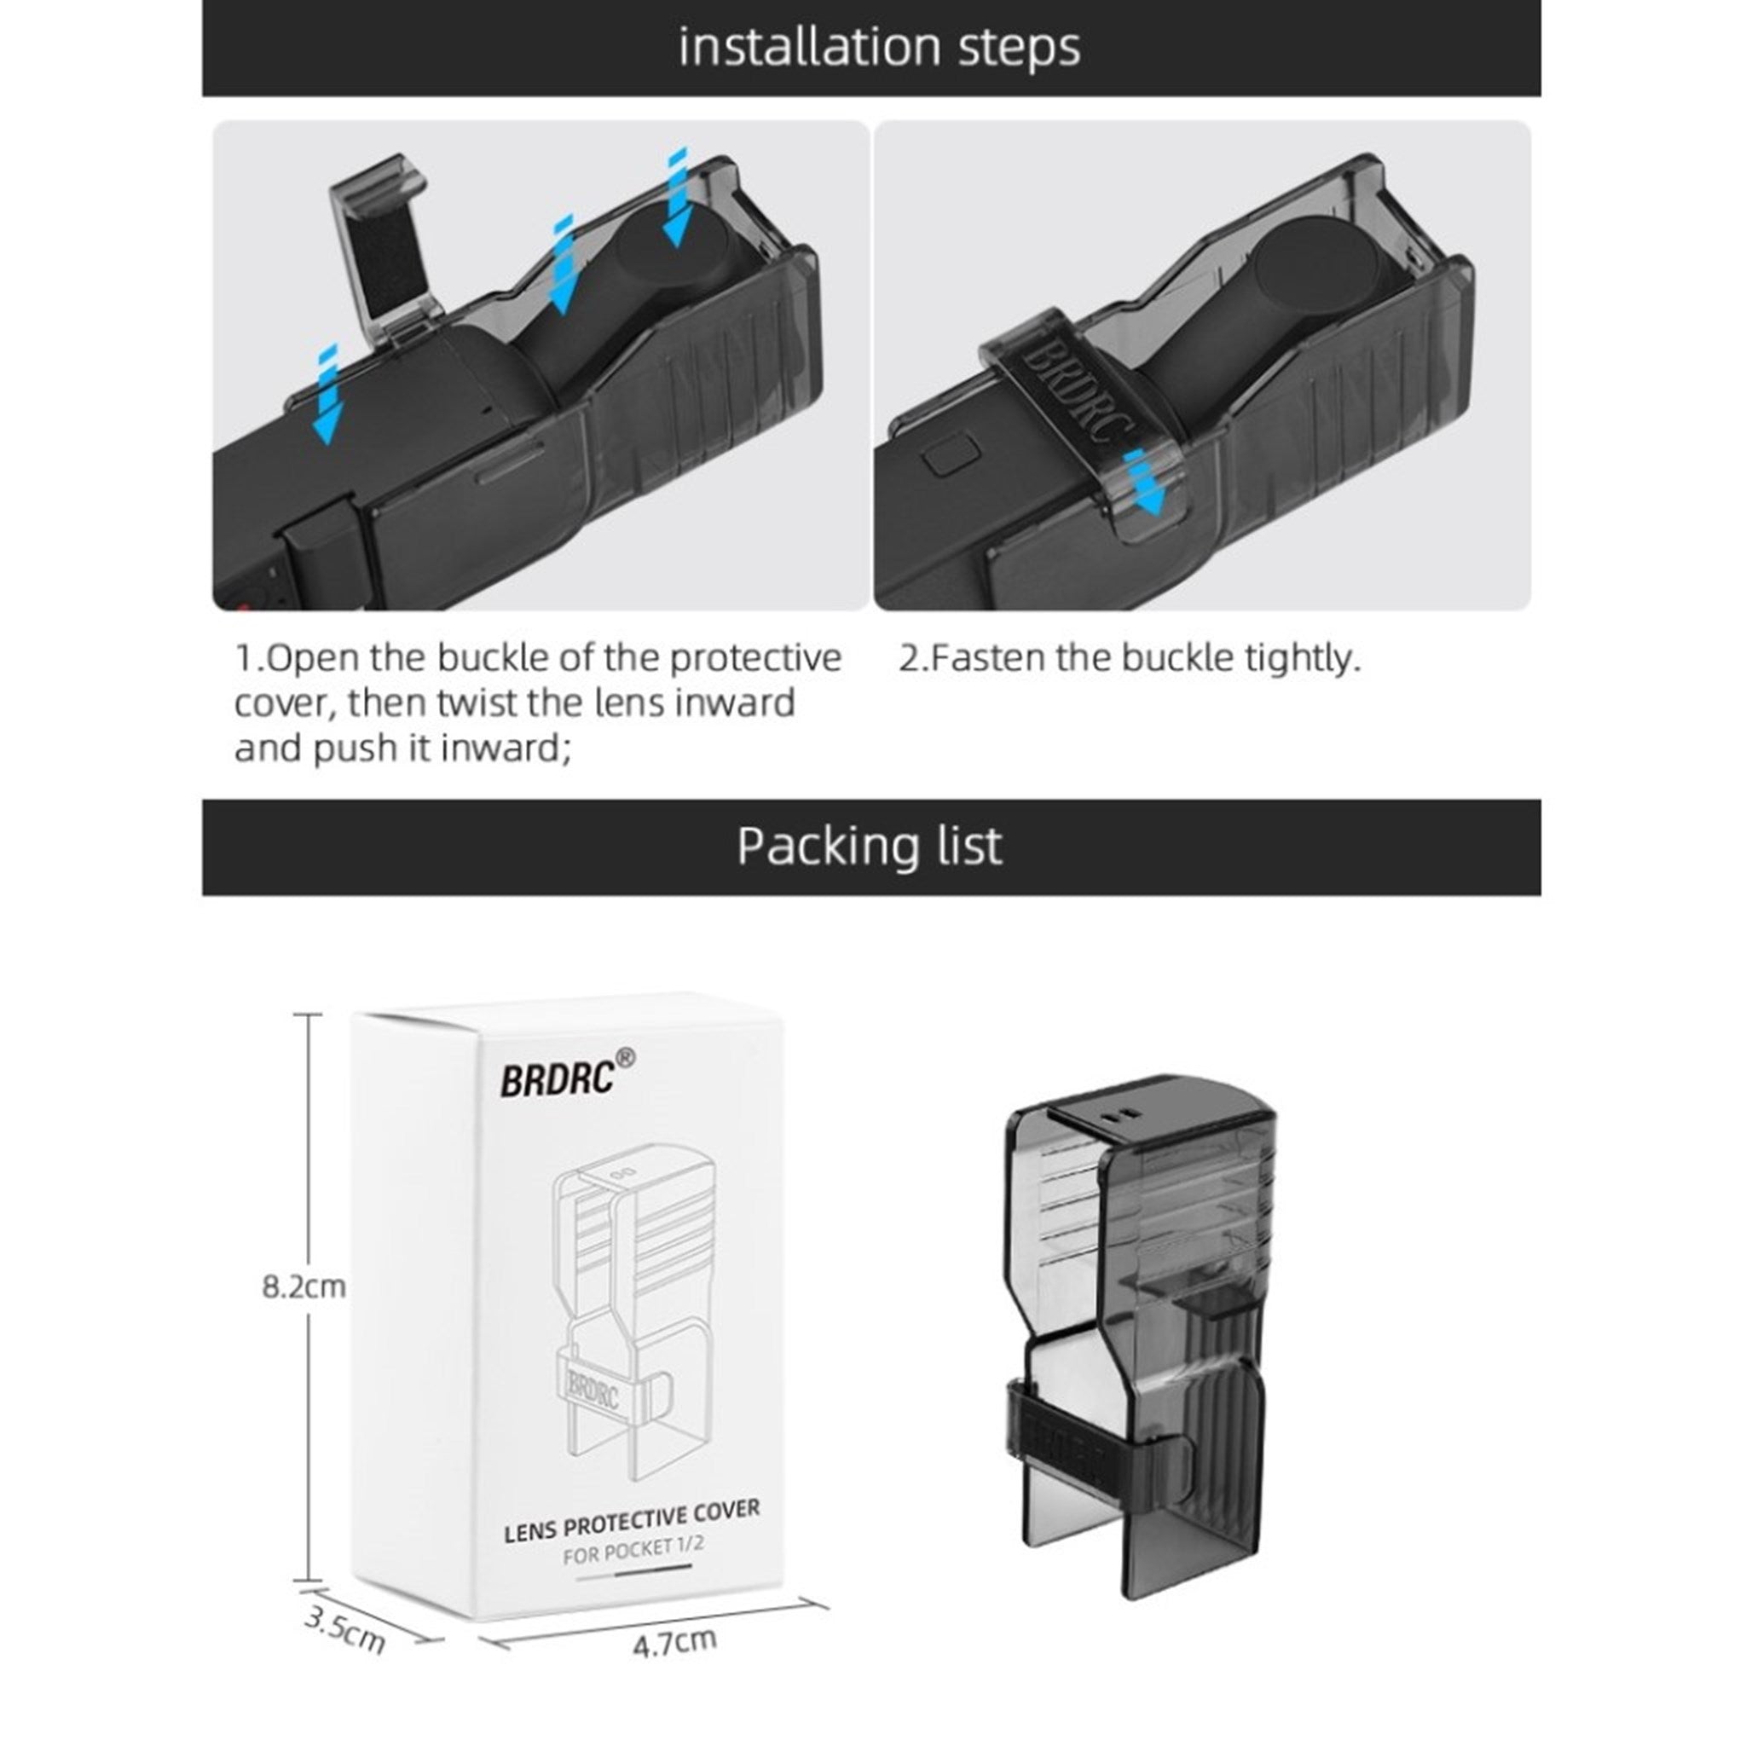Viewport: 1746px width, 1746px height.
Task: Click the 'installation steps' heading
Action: pos(879,47)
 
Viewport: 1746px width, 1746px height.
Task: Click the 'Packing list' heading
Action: pos(870,846)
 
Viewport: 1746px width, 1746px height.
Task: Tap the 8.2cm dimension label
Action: pos(304,1286)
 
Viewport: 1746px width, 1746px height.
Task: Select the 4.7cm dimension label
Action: pos(674,1642)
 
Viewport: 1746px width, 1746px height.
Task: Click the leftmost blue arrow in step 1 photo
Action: pos(326,394)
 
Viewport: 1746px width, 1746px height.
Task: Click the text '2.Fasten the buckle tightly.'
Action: pos(1130,658)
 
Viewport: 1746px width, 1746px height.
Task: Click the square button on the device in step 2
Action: pos(946,454)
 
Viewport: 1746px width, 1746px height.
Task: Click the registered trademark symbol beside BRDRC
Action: pos(624,1056)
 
